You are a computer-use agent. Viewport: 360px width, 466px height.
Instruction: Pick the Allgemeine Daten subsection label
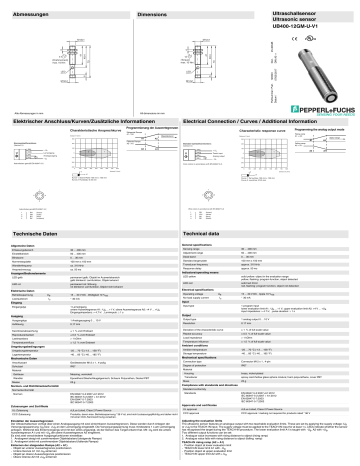(26, 244)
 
